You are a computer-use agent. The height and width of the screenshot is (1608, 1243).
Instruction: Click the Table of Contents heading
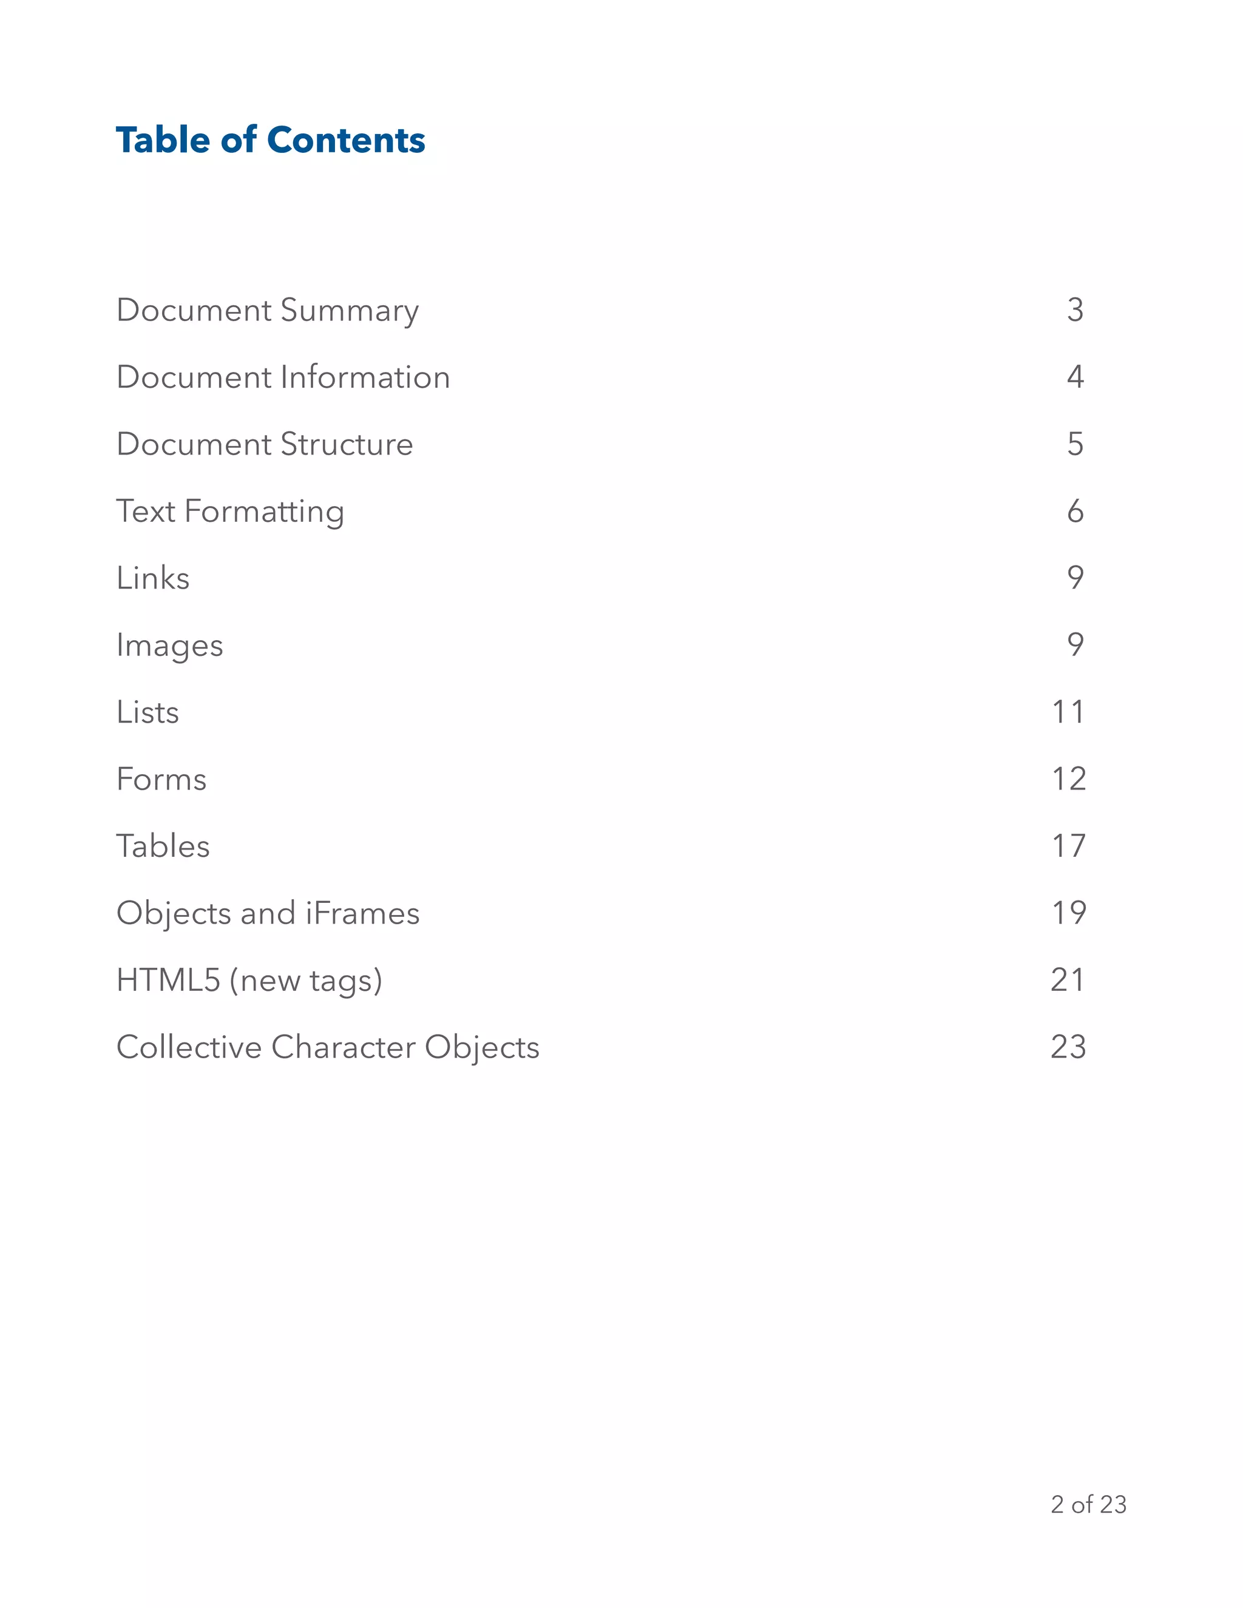pos(270,140)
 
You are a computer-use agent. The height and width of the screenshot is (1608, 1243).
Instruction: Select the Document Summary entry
pos(267,311)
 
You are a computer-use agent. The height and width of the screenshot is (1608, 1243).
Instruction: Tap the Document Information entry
pos(283,377)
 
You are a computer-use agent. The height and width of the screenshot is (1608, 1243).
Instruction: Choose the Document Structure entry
pos(265,444)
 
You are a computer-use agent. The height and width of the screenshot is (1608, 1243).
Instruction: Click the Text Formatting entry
pos(230,512)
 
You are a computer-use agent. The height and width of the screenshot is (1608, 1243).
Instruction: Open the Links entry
pos(153,578)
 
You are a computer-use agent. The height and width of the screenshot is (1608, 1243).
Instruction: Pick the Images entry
pos(169,646)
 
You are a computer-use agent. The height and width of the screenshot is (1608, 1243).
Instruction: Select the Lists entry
pos(148,712)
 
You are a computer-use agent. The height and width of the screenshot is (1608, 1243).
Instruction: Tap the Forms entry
pos(161,779)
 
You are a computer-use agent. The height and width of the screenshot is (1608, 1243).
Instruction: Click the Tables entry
pos(163,846)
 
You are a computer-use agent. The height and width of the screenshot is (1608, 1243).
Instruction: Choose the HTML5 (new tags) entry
pos(249,981)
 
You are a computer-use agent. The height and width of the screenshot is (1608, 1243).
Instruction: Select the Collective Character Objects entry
pos(328,1047)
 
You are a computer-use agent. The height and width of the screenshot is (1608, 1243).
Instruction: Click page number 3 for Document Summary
pos(1075,310)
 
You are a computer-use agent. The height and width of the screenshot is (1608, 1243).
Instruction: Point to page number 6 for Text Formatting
pos(1075,511)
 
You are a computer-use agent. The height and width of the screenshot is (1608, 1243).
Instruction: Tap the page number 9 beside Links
pos(1075,578)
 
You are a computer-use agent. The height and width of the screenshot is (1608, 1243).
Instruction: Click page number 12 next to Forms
pos(1068,779)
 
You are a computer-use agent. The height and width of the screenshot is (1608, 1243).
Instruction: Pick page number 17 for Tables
pos(1068,846)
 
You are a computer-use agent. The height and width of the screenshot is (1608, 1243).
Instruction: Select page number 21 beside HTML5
pos(1068,980)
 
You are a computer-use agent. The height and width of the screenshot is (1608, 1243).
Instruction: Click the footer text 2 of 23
pos(1088,1504)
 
